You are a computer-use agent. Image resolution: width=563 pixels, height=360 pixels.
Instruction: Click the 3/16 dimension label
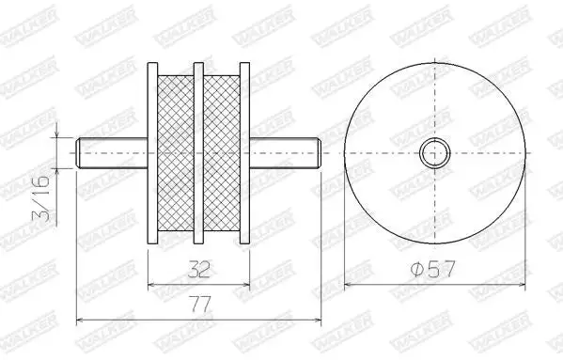[41, 199]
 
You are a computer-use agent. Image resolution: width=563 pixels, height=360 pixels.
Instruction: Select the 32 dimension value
[199, 270]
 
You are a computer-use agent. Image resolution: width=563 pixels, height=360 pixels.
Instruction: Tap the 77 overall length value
[199, 305]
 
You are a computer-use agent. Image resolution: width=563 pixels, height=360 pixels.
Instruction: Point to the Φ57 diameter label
[432, 269]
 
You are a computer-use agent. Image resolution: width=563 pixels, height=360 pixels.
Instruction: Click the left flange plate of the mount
[152, 153]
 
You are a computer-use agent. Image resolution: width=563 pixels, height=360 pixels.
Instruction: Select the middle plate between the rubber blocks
[198, 153]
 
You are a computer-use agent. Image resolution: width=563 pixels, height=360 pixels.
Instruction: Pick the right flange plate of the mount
[244, 153]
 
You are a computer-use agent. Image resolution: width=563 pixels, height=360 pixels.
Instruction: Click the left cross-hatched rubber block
[176, 153]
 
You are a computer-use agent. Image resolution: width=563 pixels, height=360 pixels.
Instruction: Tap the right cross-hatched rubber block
[222, 153]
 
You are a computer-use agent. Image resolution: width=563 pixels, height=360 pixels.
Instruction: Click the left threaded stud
[112, 153]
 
